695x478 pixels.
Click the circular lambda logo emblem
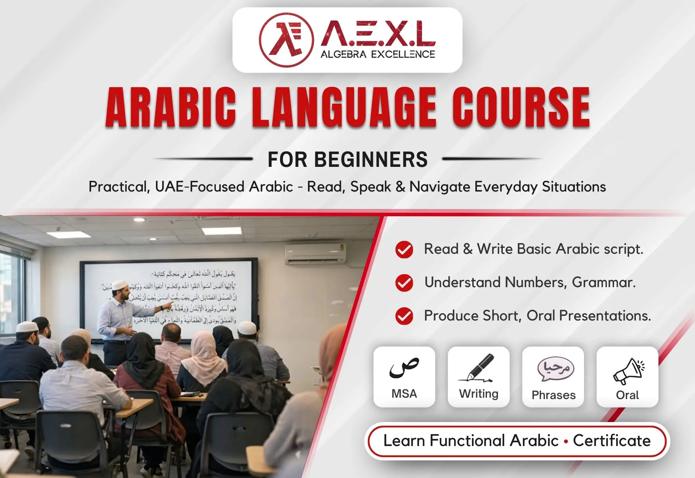(286, 40)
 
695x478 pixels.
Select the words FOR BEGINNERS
(347, 160)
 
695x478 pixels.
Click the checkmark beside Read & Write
(404, 249)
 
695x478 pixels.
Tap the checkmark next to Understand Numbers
(404, 283)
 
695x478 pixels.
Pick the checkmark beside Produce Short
(404, 316)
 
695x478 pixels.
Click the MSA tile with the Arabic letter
(404, 377)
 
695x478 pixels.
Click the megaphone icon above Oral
(628, 371)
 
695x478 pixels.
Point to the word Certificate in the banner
(612, 441)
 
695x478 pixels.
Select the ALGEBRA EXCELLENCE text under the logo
(378, 55)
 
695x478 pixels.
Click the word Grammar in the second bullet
(604, 282)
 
